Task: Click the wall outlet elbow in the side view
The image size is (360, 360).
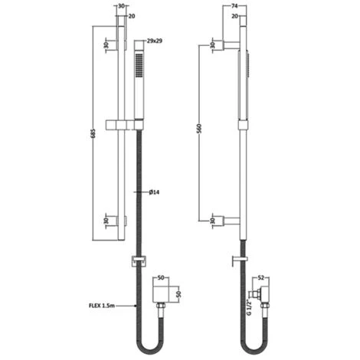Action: tap(264, 292)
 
